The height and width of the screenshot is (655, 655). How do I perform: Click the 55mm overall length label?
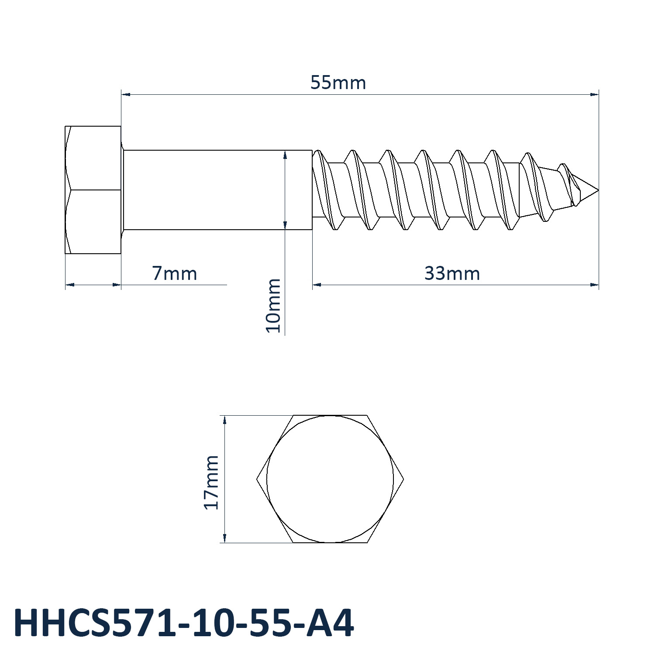(338, 83)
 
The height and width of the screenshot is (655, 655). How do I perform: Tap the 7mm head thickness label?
(175, 274)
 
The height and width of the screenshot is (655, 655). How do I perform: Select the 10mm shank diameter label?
(273, 305)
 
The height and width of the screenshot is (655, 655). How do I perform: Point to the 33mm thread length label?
(452, 274)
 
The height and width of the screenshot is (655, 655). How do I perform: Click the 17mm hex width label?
(211, 482)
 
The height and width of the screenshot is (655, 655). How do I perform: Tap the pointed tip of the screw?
(598, 190)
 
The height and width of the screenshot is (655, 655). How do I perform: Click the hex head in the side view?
(93, 190)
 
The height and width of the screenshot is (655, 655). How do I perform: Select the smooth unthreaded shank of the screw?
(217, 190)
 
